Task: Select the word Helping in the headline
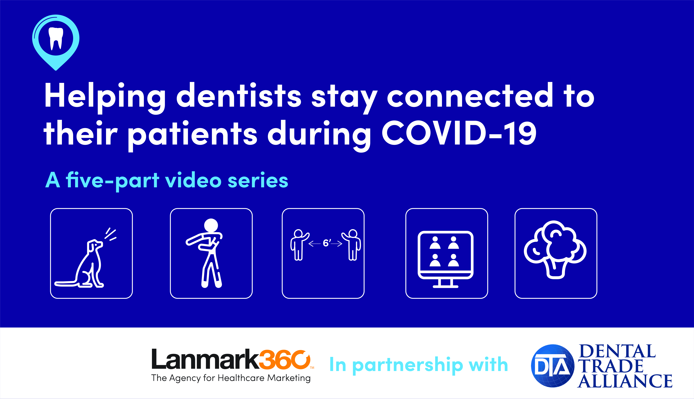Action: coord(105,98)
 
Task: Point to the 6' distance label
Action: coord(326,243)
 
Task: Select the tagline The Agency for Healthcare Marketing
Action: coord(231,378)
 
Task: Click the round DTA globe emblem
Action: coord(553,366)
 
